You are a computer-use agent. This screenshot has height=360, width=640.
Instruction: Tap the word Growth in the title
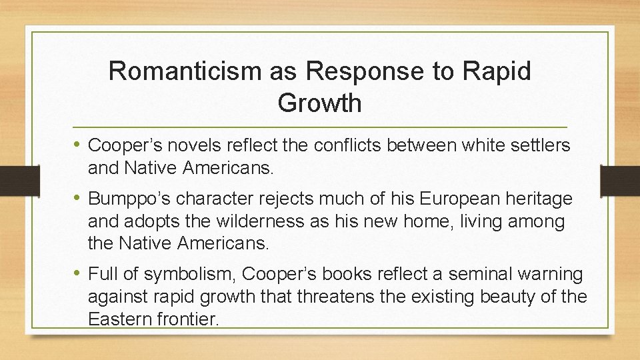(319, 103)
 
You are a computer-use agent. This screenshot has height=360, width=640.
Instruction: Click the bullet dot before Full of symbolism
(78, 273)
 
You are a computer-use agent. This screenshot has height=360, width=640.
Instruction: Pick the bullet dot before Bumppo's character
(78, 198)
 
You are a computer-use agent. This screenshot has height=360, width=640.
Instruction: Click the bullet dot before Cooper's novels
(78, 145)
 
